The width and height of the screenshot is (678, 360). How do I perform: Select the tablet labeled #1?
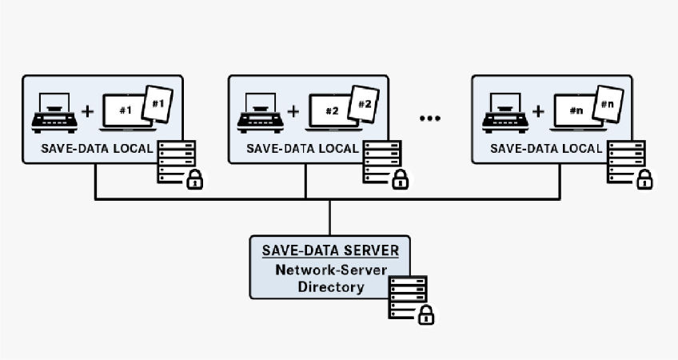pyautogui.click(x=158, y=104)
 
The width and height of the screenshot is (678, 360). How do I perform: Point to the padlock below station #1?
pyautogui.click(x=194, y=180)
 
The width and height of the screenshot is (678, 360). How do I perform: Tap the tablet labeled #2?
pyautogui.click(x=364, y=104)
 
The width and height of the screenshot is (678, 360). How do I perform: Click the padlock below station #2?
pyautogui.click(x=400, y=180)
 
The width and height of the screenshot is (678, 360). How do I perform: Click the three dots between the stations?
pyautogui.click(x=430, y=118)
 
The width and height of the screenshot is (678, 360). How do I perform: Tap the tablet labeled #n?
pyautogui.click(x=608, y=104)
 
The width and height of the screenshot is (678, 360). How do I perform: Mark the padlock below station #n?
pyautogui.click(x=644, y=180)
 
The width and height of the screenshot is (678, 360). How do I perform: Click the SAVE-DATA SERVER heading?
pyautogui.click(x=329, y=250)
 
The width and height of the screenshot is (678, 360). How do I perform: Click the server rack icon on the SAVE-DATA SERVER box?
pyautogui.click(x=406, y=293)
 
